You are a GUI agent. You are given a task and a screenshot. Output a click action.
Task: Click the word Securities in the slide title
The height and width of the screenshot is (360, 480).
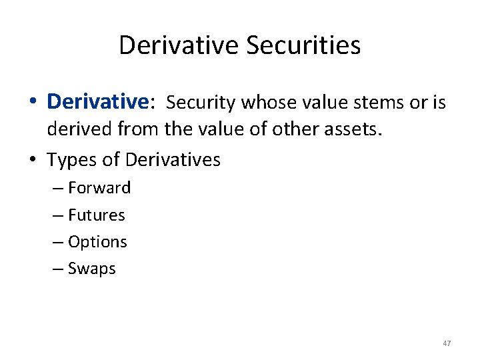tap(303, 45)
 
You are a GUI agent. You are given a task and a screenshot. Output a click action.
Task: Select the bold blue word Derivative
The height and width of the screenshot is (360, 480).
tap(97, 101)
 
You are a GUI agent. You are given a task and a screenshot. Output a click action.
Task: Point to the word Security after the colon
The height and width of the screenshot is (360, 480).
tap(201, 102)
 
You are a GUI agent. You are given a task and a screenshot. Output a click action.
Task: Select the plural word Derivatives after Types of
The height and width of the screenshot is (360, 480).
tap(173, 160)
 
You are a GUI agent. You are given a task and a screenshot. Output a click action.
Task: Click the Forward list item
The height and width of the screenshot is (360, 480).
tap(99, 188)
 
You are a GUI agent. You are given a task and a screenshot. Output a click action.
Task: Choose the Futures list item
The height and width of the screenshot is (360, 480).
tap(97, 215)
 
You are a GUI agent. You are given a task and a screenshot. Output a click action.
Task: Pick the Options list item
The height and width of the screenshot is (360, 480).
tap(97, 242)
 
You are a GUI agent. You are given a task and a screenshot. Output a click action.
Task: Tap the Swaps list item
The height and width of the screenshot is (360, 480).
tap(92, 269)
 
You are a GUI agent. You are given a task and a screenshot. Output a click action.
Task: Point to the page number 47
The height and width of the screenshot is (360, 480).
tap(447, 343)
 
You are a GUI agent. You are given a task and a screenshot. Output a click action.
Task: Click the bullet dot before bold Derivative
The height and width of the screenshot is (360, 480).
tap(33, 102)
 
